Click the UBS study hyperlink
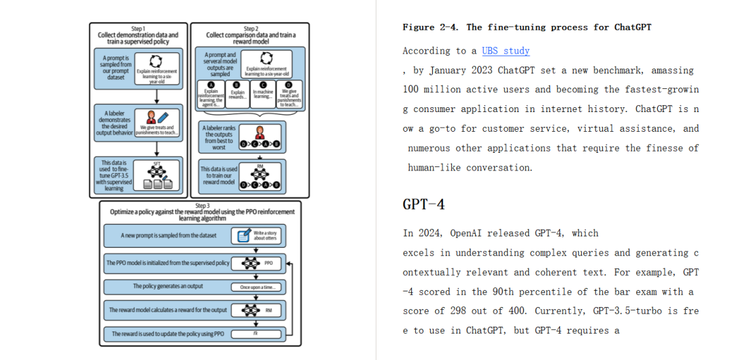(506, 51)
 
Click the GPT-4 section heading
(423, 204)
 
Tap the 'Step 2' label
(250, 29)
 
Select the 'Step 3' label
(203, 206)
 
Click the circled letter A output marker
(210, 84)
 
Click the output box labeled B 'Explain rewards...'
(237, 96)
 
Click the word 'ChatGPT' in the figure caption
(633, 27)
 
